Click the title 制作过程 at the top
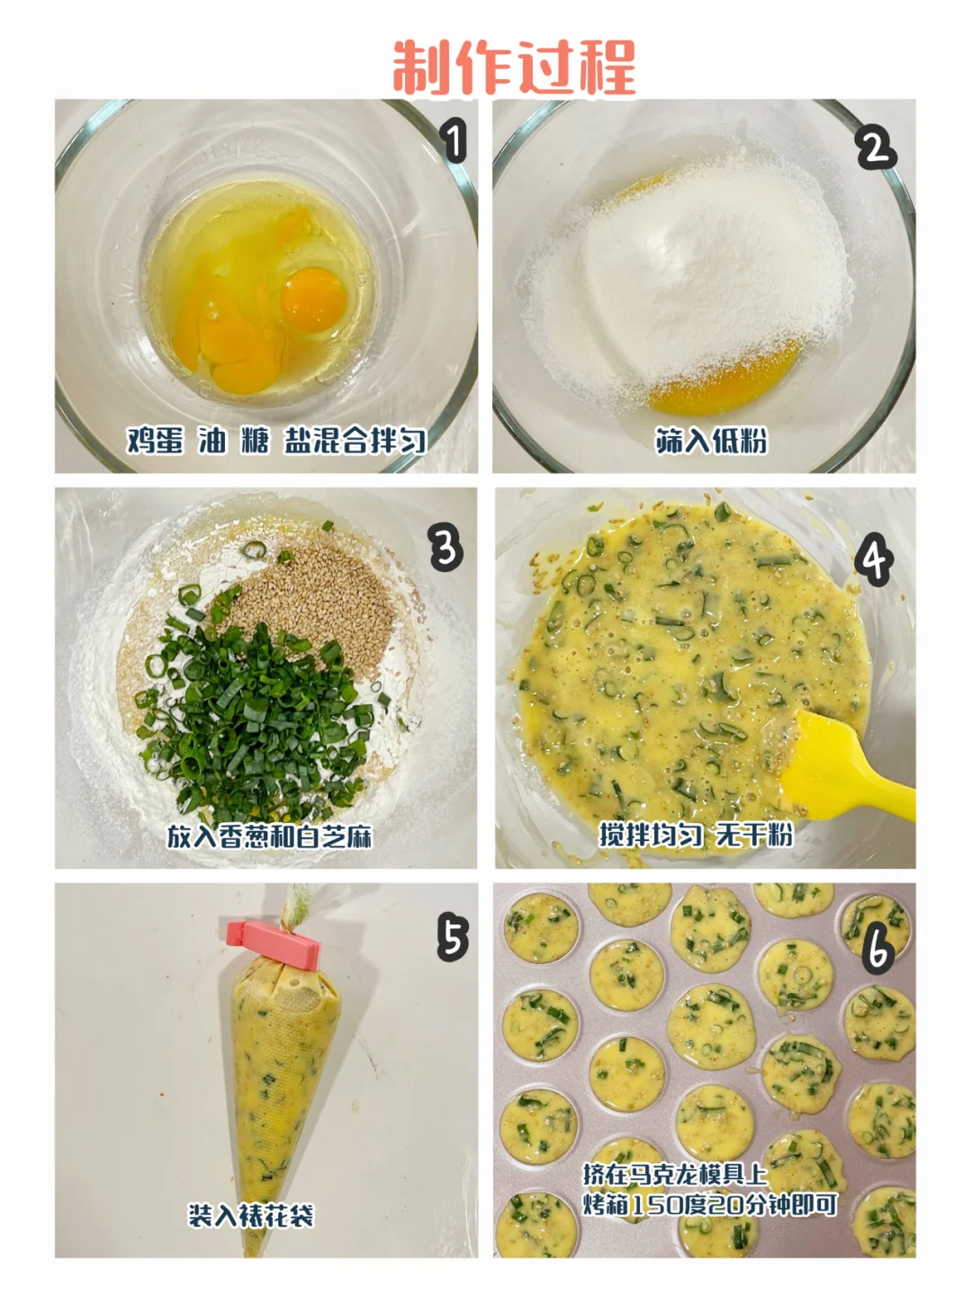[x=514, y=67]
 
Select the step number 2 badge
[x=877, y=149]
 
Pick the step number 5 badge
[x=453, y=936]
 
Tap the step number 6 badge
[x=877, y=948]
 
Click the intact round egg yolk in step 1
[x=312, y=299]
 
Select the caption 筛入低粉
[x=711, y=441]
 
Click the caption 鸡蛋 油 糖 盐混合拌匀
[x=276, y=441]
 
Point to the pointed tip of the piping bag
[x=253, y=1252]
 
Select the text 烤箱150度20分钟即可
[x=710, y=1204]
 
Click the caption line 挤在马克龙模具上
[x=675, y=1175]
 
